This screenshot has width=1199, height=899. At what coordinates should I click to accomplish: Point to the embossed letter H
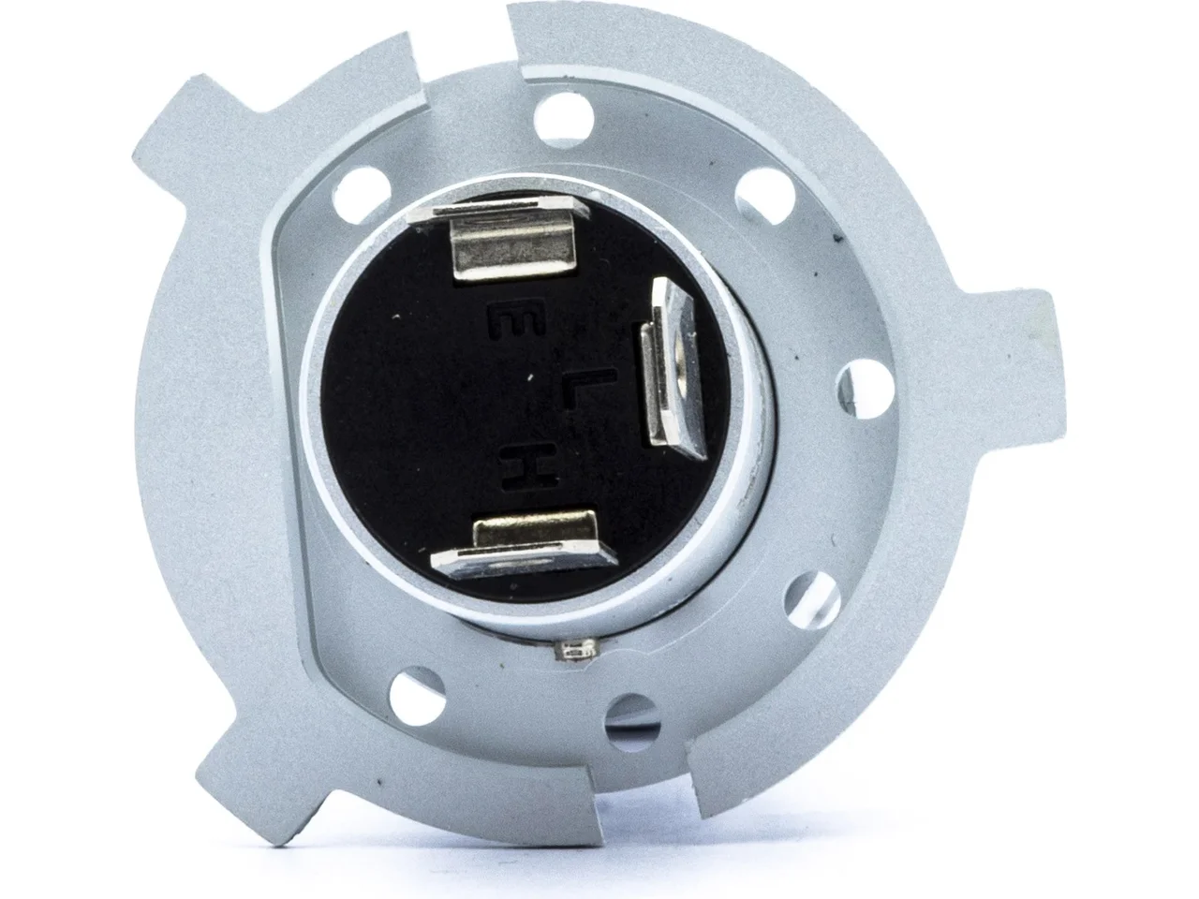coord(529,465)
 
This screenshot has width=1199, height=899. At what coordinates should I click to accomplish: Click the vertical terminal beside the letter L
coord(669,368)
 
